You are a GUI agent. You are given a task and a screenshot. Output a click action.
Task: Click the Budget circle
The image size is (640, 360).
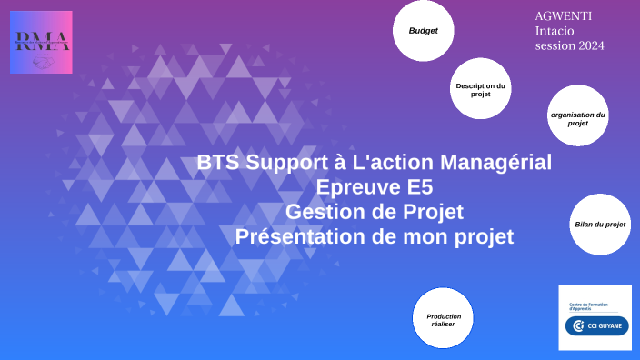pos(424,32)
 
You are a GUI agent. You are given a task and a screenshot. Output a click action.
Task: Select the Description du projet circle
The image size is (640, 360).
pos(480,90)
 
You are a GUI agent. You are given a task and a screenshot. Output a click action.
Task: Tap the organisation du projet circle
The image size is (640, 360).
pos(577,119)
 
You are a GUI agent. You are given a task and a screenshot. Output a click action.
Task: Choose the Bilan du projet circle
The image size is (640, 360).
pos(600,224)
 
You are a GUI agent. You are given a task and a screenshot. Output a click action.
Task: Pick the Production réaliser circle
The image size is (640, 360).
pos(444,319)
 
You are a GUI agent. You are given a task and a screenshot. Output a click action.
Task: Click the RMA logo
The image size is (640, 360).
pos(41,43)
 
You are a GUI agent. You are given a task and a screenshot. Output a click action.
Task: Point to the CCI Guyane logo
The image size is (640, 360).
pos(595,318)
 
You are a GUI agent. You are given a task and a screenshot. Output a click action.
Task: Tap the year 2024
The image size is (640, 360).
pos(590,46)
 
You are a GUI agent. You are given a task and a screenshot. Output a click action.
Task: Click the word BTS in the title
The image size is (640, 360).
pos(216,164)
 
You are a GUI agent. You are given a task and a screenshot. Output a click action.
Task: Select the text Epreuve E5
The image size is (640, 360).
pos(374,188)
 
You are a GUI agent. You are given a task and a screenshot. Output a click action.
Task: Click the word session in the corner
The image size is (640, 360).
pos(554,46)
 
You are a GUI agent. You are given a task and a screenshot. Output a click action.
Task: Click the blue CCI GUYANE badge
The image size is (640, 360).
pos(597,326)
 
